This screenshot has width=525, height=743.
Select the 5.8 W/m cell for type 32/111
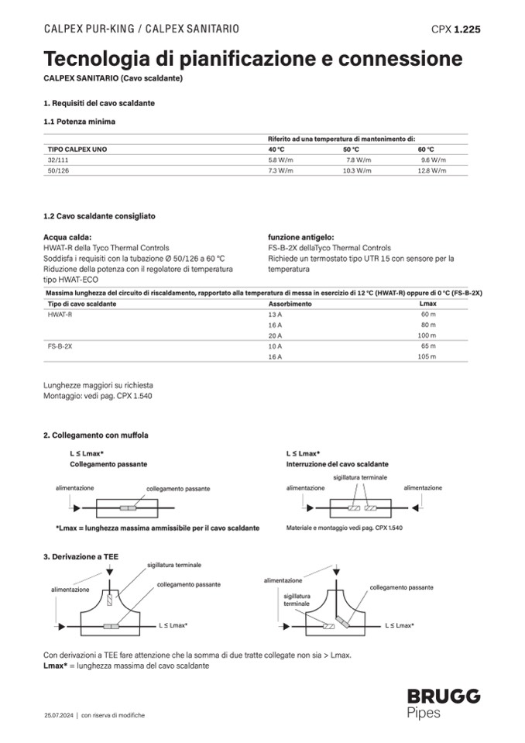tap(280, 159)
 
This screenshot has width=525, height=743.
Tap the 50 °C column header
tap(351, 149)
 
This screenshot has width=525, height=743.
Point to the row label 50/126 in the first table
tap(59, 170)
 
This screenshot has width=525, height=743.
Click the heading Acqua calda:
tap(67, 237)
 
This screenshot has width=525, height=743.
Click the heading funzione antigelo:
tap(301, 237)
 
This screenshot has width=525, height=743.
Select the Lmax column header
tap(427, 304)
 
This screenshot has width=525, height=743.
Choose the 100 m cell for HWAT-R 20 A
tap(427, 335)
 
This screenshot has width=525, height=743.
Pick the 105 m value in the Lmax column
tap(427, 356)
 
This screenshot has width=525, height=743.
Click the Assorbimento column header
tap(290, 304)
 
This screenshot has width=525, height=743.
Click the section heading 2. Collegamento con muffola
tap(95, 435)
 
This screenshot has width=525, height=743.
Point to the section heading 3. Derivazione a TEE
tap(81, 556)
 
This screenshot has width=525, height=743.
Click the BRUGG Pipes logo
tap(443, 703)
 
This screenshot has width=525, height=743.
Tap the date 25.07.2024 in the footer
tap(59, 715)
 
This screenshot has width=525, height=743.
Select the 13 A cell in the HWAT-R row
tap(275, 315)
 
